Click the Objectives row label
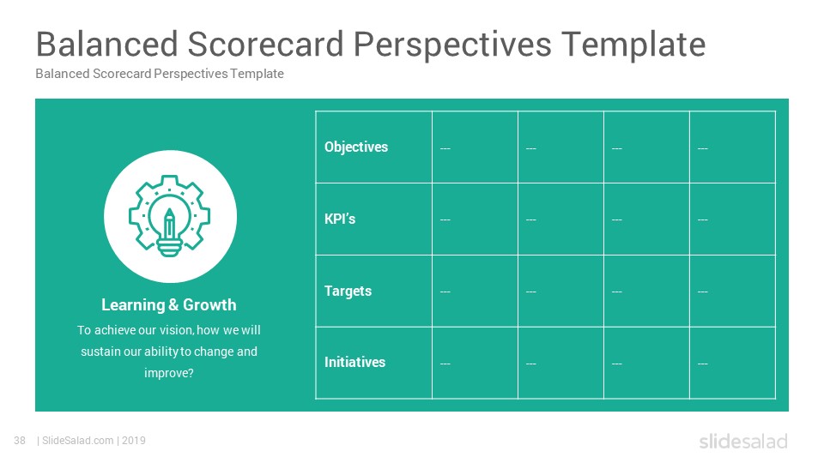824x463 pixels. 355,147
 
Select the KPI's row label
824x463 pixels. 340,219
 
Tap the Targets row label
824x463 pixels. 348,292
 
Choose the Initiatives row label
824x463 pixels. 354,362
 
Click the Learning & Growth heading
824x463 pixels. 169,305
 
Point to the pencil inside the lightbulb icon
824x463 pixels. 169,223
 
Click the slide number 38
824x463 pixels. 20,441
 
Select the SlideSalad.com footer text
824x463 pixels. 78,441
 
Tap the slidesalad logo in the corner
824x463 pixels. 743,442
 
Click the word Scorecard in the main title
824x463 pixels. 265,44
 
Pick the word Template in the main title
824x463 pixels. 633,44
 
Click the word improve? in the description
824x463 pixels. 169,373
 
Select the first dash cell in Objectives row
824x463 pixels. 445,148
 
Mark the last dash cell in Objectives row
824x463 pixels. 703,148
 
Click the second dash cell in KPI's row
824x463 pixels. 530,219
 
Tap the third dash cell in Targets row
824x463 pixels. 617,292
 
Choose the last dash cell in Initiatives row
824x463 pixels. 703,364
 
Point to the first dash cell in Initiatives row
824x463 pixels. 445,364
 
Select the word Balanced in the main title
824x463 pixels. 107,44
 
